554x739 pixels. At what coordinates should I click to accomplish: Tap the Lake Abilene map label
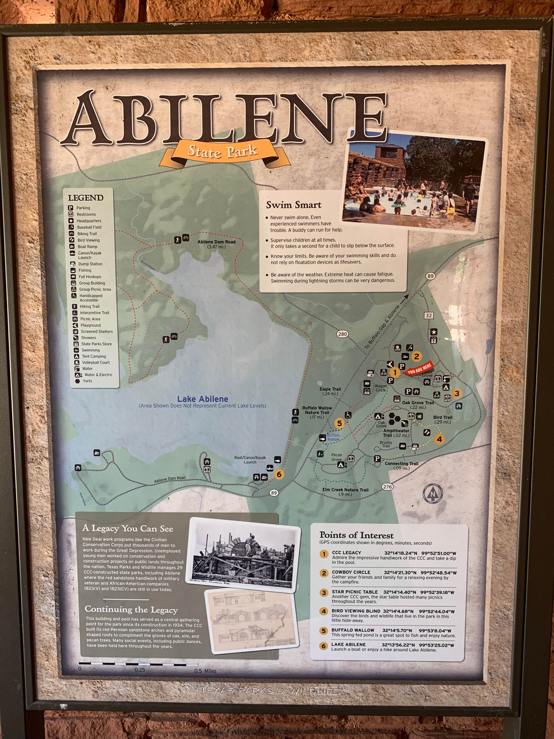click(203, 399)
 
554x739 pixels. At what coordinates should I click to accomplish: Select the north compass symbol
click(433, 493)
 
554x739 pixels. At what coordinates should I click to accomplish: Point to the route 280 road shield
click(342, 334)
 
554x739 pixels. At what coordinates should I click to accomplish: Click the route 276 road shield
click(387, 486)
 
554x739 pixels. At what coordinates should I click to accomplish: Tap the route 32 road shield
click(429, 315)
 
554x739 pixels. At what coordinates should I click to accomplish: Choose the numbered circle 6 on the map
click(279, 474)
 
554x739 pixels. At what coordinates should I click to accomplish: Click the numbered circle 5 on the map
click(339, 423)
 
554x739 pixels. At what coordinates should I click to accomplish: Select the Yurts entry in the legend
click(87, 381)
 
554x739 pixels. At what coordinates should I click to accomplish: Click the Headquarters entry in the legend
click(89, 221)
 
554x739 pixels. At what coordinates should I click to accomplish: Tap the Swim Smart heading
click(293, 205)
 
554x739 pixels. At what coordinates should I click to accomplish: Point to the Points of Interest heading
click(356, 535)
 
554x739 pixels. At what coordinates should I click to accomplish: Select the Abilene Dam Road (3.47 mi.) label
click(216, 244)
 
